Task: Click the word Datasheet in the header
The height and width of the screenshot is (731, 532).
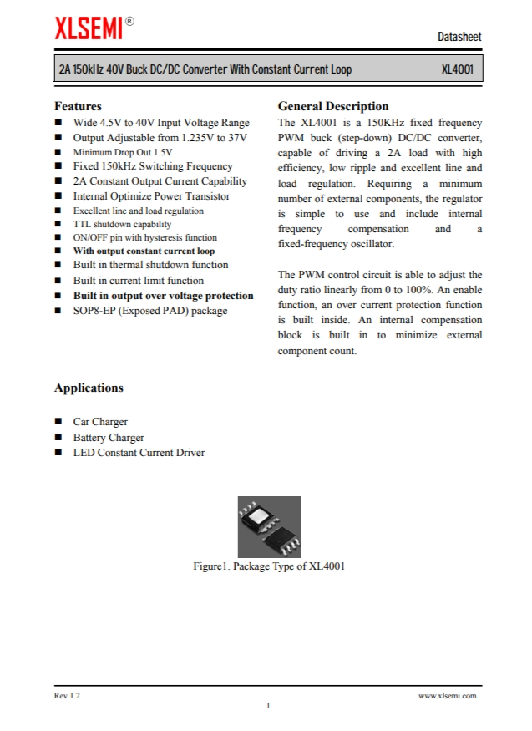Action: tap(459, 38)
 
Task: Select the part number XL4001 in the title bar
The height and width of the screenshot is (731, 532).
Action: tap(458, 69)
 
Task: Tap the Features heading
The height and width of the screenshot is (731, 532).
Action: tap(78, 106)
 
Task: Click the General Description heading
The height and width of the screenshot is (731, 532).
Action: tap(332, 106)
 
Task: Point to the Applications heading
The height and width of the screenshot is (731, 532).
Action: tap(89, 388)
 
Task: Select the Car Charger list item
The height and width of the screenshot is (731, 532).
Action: tap(100, 422)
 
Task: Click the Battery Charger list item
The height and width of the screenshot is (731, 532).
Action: tap(109, 437)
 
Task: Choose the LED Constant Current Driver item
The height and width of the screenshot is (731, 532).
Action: tap(139, 453)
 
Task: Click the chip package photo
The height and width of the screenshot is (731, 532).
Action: tap(269, 527)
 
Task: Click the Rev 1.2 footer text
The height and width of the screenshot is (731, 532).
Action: tap(68, 695)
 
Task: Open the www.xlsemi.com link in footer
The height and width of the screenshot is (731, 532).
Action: tap(447, 695)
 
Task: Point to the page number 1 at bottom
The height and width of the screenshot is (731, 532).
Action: tap(268, 706)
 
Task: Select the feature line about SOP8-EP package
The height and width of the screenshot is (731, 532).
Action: tap(149, 311)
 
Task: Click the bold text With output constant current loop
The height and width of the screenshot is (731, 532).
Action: tap(144, 251)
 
